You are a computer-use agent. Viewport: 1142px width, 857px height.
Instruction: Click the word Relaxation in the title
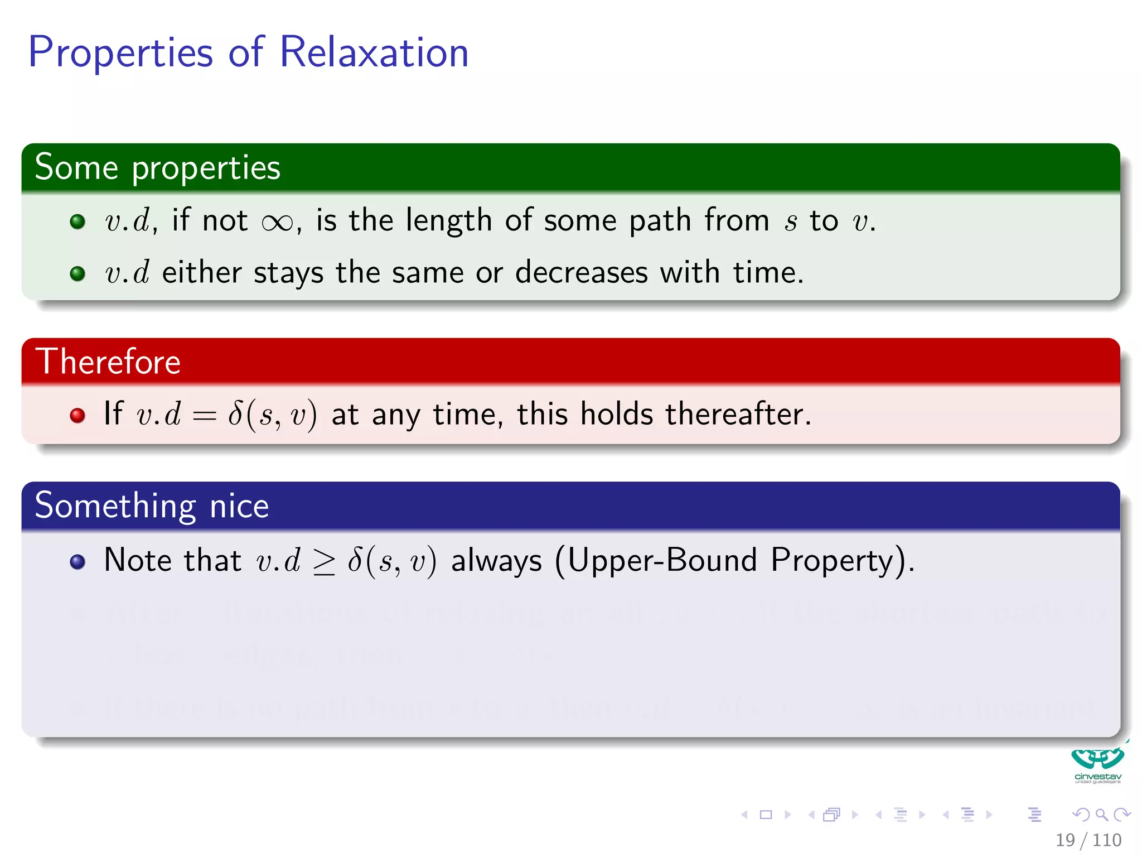click(374, 52)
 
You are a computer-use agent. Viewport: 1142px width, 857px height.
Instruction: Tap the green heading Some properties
click(157, 167)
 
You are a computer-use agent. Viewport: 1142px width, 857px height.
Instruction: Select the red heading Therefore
click(108, 362)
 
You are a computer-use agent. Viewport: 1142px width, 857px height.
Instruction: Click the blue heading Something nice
click(152, 505)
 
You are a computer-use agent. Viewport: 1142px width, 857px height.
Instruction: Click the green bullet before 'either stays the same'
click(78, 273)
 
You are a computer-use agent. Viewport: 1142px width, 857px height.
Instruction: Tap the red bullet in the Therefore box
click(78, 415)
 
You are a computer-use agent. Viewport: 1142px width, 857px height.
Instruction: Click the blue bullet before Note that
click(78, 561)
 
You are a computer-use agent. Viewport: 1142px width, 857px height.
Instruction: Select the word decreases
click(581, 273)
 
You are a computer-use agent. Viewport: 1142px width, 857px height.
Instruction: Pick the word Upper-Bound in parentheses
click(662, 560)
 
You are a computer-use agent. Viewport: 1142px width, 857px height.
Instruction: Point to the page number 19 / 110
click(1088, 840)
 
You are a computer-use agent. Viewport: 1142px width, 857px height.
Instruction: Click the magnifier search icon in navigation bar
click(1101, 815)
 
